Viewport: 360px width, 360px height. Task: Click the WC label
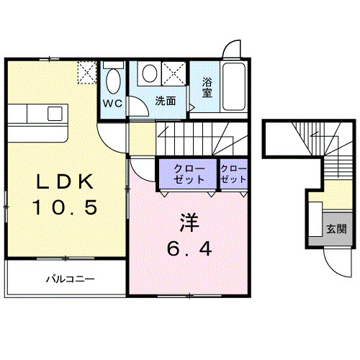point(112,102)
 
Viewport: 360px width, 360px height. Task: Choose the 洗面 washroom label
point(166,102)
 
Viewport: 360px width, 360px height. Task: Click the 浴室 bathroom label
point(207,87)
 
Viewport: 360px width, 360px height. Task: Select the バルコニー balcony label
point(71,278)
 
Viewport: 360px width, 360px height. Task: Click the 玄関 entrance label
point(336,230)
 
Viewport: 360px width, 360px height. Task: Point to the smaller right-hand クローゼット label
point(233,173)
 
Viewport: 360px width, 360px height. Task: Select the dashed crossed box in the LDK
point(86,73)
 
